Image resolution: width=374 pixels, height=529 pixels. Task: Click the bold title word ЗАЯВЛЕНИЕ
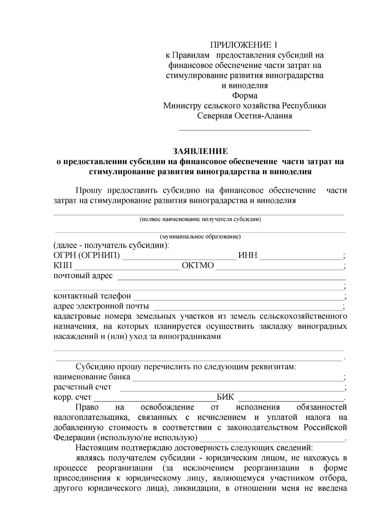[200, 151]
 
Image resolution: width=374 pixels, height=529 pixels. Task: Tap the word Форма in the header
[245, 96]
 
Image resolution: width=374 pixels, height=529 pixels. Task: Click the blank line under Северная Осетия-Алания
[245, 129]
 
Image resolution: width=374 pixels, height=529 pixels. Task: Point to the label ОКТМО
[198, 266]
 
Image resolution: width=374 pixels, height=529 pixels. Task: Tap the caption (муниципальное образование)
[200, 237]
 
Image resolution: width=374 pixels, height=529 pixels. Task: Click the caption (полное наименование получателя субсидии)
[200, 219]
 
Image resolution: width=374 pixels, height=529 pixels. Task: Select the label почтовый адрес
[83, 276]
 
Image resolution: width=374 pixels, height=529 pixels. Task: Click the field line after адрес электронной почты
[248, 308]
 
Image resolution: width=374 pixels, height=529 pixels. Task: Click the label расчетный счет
[82, 387]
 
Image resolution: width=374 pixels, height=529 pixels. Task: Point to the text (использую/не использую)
[147, 438]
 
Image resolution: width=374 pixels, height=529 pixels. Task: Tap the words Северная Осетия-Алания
[245, 116]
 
